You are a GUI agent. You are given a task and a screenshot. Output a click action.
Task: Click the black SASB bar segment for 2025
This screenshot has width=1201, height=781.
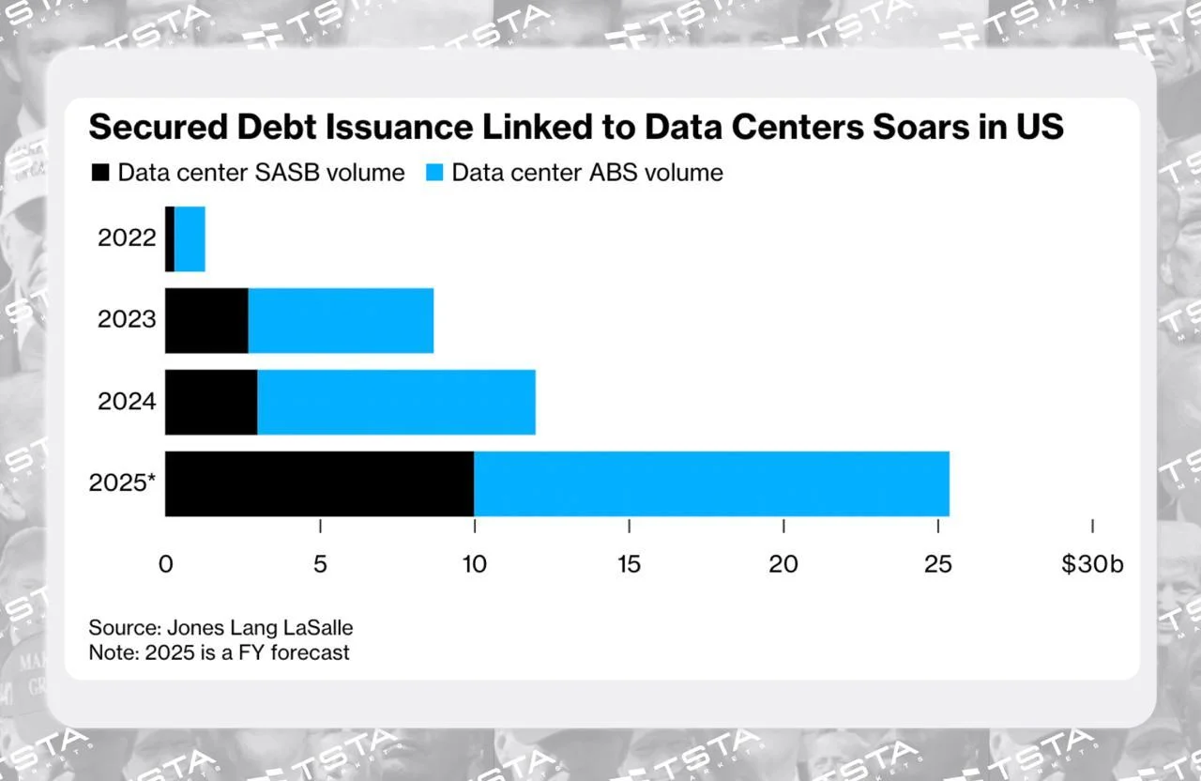pos(319,483)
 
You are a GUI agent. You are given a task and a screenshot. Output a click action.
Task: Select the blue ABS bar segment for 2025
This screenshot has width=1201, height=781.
pos(711,483)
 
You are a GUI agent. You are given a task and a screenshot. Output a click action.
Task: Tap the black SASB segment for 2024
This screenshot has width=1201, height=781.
pos(211,402)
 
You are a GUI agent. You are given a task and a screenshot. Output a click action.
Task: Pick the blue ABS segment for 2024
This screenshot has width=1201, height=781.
pos(396,402)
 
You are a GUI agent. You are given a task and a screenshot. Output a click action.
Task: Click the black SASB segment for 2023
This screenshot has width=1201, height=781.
pos(206,320)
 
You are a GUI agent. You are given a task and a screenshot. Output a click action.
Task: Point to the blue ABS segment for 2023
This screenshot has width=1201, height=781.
pos(341,320)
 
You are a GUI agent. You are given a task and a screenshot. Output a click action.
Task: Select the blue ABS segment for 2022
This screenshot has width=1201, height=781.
pos(190,238)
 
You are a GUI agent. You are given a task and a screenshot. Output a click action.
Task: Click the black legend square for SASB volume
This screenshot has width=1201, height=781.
pos(99,173)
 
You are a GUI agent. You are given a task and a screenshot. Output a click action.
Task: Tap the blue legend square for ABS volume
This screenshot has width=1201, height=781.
pos(433,173)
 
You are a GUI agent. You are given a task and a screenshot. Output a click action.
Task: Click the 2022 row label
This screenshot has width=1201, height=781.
pos(127,238)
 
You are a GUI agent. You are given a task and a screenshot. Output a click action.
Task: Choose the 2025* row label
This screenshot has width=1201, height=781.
pos(123,483)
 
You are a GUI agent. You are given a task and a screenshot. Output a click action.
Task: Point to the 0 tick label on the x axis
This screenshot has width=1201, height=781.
pos(165,564)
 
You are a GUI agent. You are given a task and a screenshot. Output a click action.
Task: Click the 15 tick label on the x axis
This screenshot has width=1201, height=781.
pos(629,564)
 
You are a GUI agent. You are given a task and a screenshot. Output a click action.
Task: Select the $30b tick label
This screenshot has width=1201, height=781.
pos(1092,564)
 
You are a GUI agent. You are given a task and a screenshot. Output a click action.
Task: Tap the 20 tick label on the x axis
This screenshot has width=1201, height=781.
pos(783,564)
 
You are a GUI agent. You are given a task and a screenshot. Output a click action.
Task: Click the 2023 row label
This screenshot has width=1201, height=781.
pos(127,320)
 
